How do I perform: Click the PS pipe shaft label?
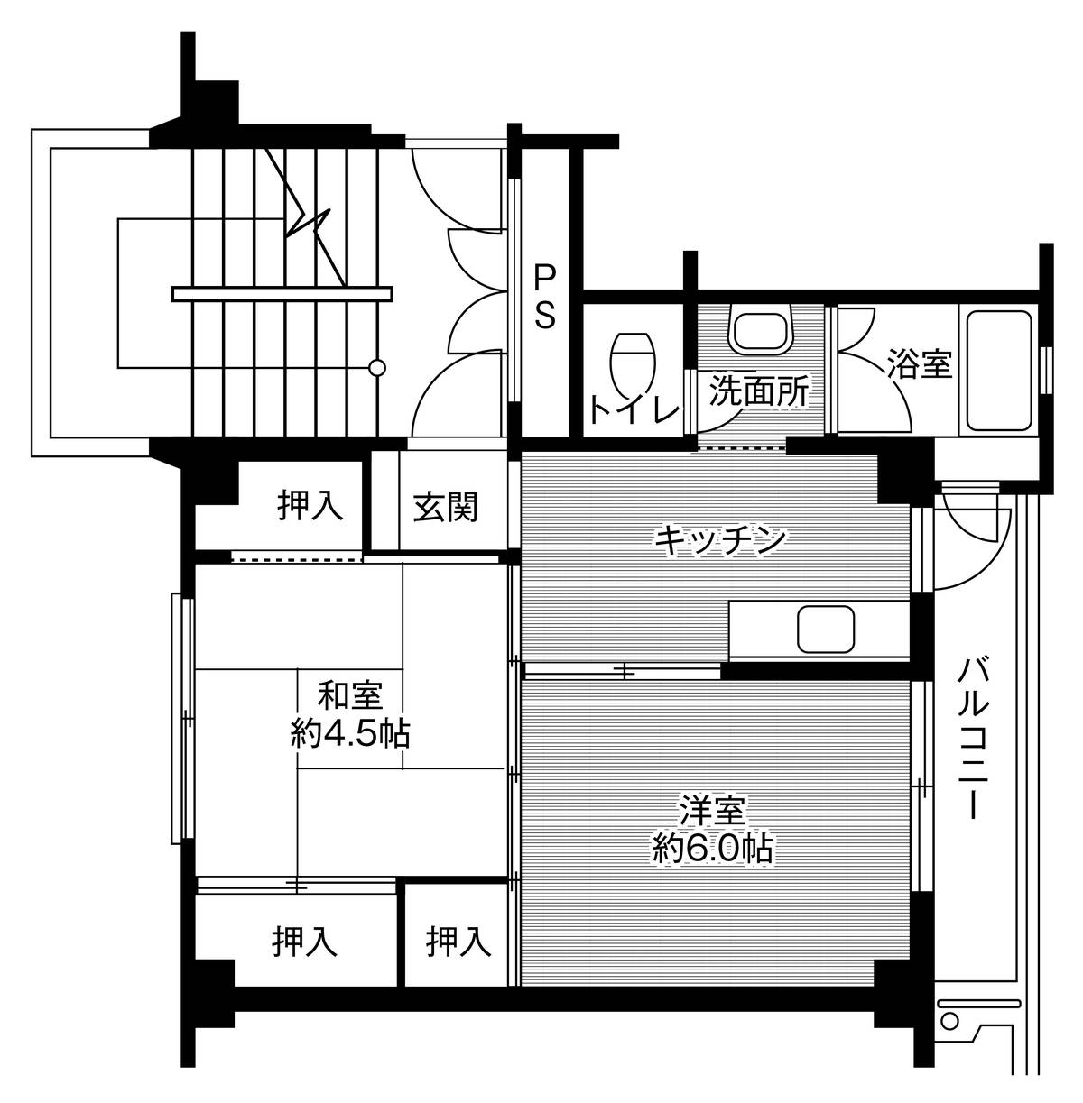pos(544,295)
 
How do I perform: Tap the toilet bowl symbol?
pos(633,360)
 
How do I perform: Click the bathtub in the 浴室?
pos(999,372)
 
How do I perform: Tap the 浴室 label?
pos(919,365)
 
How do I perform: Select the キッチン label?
pos(719,540)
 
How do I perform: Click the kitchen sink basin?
pos(825,628)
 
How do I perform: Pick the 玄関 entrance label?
pos(445,508)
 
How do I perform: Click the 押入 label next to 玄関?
pos(310,506)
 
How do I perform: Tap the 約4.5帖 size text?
pos(350,736)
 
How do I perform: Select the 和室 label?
pos(350,696)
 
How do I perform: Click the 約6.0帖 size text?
pos(712,848)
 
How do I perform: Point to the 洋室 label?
pos(712,809)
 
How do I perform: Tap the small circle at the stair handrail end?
pos(378,367)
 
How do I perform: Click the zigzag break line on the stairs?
pos(310,216)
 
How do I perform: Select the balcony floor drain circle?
pos(949,1021)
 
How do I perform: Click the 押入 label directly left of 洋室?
pos(459,942)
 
